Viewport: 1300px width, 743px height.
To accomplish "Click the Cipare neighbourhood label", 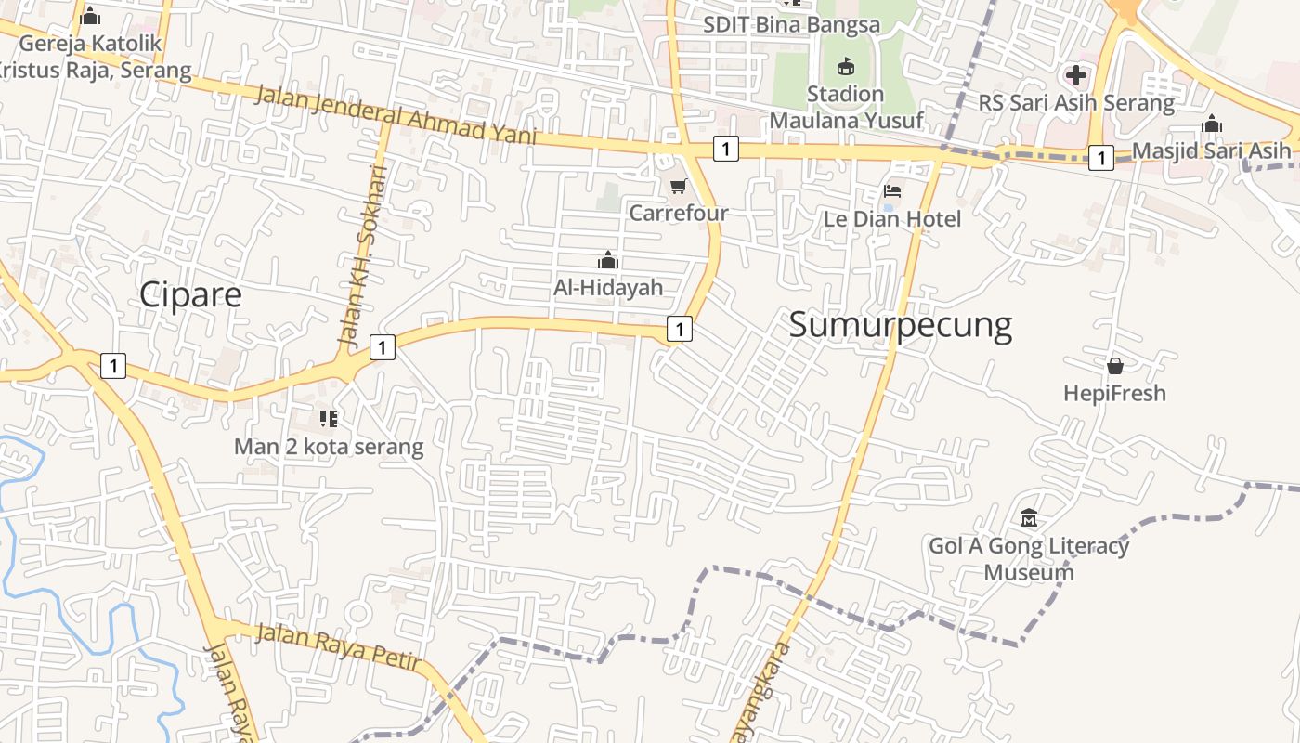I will (190, 294).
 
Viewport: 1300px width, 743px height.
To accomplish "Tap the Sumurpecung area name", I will (900, 325).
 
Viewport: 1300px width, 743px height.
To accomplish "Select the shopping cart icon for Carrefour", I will (679, 187).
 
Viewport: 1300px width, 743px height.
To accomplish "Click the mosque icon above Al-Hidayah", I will (608, 260).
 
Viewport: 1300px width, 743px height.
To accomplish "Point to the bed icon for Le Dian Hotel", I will (892, 192).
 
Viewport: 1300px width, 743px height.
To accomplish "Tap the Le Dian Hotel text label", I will (892, 219).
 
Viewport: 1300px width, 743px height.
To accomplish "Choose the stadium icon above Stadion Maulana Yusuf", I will (845, 67).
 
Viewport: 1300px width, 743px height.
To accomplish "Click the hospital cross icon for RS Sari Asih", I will (1076, 75).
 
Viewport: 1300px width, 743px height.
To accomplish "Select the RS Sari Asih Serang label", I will (1076, 102).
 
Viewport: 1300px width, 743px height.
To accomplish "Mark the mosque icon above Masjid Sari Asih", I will (1212, 124).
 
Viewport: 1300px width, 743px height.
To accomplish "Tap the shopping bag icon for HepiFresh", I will (1114, 366).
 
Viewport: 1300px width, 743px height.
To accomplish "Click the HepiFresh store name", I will (1114, 393).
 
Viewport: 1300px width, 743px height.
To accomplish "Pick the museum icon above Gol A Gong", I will (1029, 517).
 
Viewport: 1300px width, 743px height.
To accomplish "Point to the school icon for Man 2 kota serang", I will (328, 420).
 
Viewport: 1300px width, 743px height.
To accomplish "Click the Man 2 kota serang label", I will (328, 447).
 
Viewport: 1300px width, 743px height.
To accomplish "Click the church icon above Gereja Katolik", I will (90, 16).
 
